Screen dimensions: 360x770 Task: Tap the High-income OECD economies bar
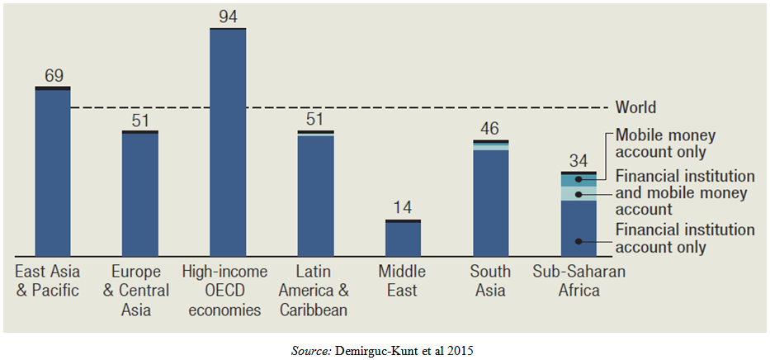[x=228, y=142]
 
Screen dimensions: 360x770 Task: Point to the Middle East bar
[x=403, y=238]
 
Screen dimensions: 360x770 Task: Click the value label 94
[x=228, y=17]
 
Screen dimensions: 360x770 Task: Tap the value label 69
[x=53, y=76]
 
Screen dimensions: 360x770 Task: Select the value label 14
[x=403, y=208]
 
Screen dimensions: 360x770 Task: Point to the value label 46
[x=490, y=129]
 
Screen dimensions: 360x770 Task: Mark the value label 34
[x=578, y=160]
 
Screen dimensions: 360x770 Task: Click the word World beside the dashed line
[x=635, y=107]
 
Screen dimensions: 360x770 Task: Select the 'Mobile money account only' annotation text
[x=659, y=143]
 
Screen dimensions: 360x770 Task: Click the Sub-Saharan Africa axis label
[x=578, y=281]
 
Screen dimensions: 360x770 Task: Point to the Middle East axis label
[x=403, y=281]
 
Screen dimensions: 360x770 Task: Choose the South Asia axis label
[x=490, y=281]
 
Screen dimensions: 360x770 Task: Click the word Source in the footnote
[x=311, y=350]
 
